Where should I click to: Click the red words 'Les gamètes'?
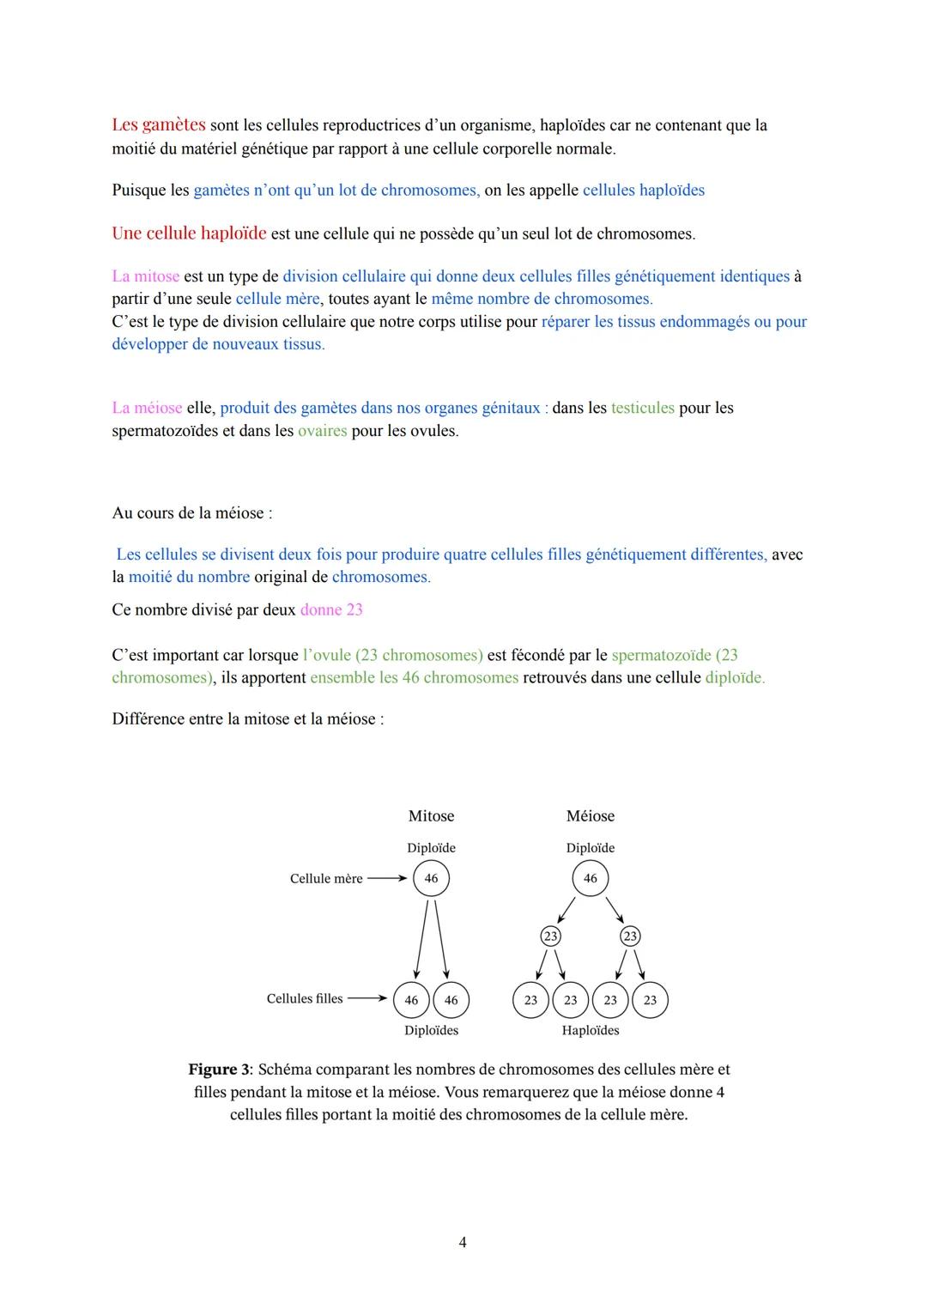tap(158, 125)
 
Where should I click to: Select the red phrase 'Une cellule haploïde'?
tap(189, 233)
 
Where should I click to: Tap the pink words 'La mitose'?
tap(145, 276)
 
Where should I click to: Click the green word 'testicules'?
tap(642, 408)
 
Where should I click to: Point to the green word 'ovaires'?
tap(322, 431)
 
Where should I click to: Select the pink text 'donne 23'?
tap(331, 610)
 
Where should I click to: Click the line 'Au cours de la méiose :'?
tap(191, 513)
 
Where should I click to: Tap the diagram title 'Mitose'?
tap(431, 816)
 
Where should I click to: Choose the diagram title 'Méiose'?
tap(590, 816)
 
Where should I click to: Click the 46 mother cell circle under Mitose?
tap(431, 878)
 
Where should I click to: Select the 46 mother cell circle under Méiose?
tap(590, 878)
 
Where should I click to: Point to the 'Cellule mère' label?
tap(326, 879)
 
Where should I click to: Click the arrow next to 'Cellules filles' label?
tap(367, 999)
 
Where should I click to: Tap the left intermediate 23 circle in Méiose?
tap(550, 936)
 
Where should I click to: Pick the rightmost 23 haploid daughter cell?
tap(650, 1000)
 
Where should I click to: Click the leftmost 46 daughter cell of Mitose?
tap(411, 1000)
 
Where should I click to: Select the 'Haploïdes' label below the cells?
tap(590, 1031)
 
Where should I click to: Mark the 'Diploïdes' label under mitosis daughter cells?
tap(431, 1031)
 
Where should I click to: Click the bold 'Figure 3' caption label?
tap(220, 1070)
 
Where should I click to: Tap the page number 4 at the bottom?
tap(463, 1242)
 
